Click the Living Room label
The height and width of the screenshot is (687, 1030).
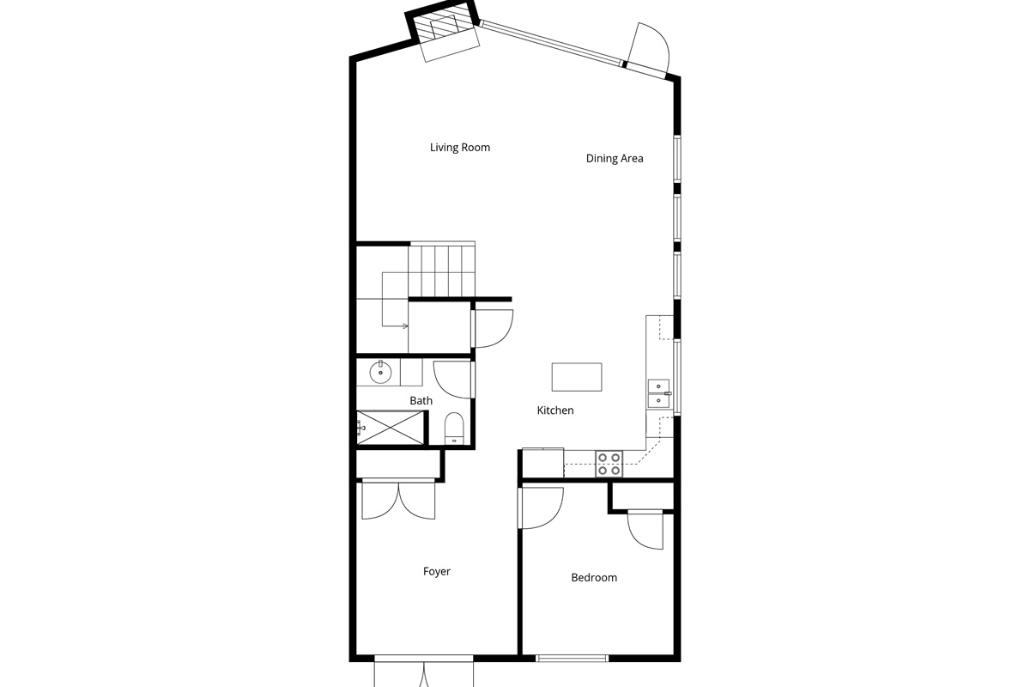tap(460, 147)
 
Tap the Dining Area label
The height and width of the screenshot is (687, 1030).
tap(615, 158)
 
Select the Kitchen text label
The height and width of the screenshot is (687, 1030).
tap(555, 410)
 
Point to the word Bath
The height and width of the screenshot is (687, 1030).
tap(421, 401)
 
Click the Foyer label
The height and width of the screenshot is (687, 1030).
tap(436, 572)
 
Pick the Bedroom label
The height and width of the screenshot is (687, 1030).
tap(594, 577)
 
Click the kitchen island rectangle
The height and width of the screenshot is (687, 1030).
tap(577, 377)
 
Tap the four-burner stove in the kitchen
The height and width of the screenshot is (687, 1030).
tap(609, 464)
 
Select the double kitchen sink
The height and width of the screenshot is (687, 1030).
tap(659, 394)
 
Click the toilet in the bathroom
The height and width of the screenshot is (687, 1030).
tap(454, 428)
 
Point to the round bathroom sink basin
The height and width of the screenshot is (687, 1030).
tap(380, 372)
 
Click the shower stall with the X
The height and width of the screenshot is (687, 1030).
tap(390, 428)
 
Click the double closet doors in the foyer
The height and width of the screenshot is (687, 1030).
tap(398, 499)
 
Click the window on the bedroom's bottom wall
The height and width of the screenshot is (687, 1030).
tap(572, 659)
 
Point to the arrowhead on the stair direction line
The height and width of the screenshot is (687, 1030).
tap(405, 326)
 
